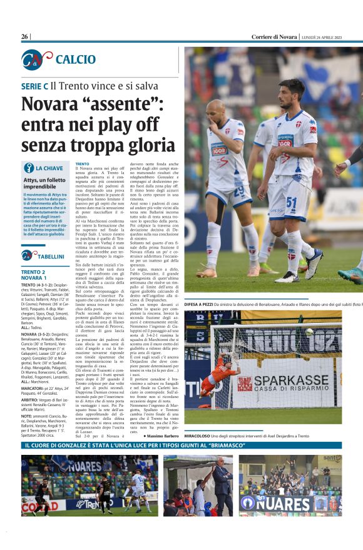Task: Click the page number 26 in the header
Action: (24, 37)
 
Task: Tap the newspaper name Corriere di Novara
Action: (274, 37)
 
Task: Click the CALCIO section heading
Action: (75, 59)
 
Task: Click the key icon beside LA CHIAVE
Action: (29, 168)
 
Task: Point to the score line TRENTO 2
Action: (33, 272)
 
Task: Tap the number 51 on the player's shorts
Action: (292, 203)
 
